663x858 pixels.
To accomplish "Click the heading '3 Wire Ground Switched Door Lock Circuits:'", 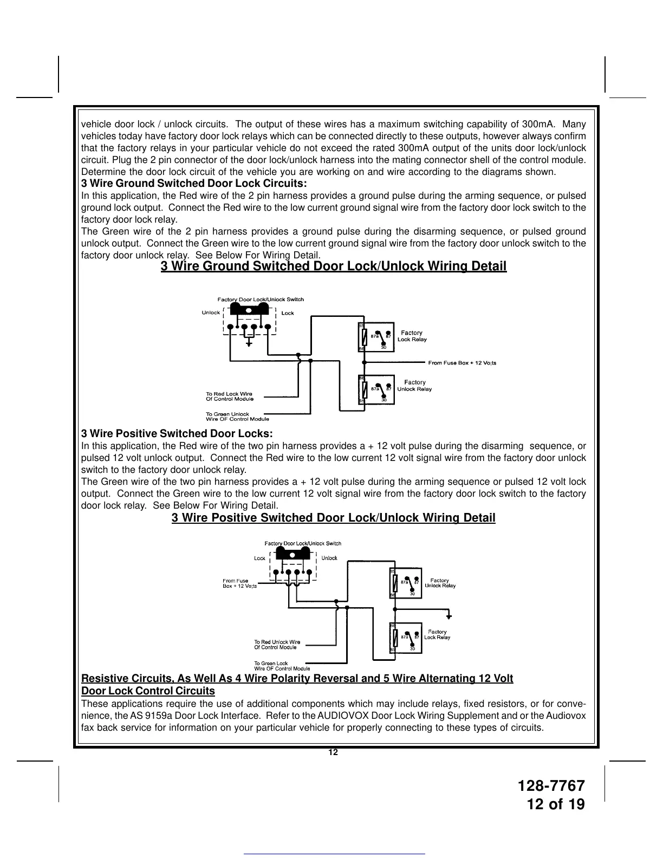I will pyautogui.click(x=194, y=184).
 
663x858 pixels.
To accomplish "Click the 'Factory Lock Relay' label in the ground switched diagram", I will pyautogui.click(x=412, y=336).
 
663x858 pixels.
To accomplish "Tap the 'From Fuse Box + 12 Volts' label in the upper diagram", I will pyautogui.click(x=462, y=363).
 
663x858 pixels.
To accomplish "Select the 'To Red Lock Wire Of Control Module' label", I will pyautogui.click(x=229, y=396).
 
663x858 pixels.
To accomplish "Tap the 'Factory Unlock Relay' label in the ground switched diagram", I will pyautogui.click(x=414, y=386).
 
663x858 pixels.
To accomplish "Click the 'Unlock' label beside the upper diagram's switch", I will pyautogui.click(x=211, y=313).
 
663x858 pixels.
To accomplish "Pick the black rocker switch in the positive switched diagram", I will pyautogui.click(x=293, y=554).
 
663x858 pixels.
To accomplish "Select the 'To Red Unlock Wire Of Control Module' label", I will pyautogui.click(x=277, y=645).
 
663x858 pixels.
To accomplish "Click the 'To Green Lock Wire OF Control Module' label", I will pyautogui.click(x=282, y=666).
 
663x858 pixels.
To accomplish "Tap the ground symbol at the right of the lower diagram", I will pyautogui.click(x=448, y=616).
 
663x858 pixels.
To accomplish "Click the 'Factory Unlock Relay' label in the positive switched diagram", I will pyautogui.click(x=440, y=583).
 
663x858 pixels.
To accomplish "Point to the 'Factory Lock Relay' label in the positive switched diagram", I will pyautogui.click(x=437, y=634).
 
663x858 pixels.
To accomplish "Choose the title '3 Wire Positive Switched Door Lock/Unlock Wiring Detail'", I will pyautogui.click(x=333, y=518).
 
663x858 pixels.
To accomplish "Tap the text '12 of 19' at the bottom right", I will pyautogui.click(x=556, y=805).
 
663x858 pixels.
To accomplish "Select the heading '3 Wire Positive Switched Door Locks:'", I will pyautogui.click(x=177, y=434).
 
